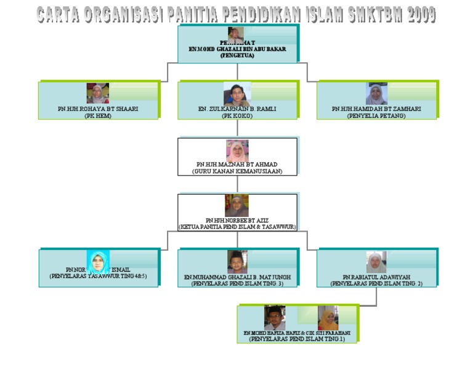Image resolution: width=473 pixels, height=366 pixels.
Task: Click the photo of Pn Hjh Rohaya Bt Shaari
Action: point(97,94)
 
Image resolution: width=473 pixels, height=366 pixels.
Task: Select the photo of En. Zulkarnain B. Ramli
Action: point(237,94)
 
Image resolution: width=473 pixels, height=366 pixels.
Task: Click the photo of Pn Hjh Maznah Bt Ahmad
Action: point(237,150)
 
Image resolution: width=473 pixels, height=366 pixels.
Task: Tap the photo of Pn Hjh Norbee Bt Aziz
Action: point(236,206)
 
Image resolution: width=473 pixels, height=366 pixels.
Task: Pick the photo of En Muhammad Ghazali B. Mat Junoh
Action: point(237,262)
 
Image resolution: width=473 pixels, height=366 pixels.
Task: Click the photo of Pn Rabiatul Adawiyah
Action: point(376,262)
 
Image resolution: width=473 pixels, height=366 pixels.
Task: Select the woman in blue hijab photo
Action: point(99,262)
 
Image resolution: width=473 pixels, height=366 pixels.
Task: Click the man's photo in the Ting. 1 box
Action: point(275,318)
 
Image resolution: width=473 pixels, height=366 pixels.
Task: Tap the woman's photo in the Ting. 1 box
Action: point(328,318)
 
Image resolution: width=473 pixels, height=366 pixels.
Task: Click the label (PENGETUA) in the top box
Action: point(237,55)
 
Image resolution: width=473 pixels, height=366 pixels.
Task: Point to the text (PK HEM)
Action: point(98,115)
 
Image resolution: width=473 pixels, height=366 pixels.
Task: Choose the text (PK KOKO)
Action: point(237,115)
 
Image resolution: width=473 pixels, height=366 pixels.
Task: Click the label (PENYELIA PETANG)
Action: point(376,115)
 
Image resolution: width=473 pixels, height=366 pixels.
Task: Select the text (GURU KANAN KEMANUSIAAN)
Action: point(237,171)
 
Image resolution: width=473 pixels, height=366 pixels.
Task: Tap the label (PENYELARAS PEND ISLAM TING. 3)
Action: point(237,284)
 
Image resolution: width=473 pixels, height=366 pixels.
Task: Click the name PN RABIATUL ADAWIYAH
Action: point(376,277)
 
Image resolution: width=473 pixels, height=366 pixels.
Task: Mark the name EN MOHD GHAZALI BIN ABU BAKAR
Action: point(237,49)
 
